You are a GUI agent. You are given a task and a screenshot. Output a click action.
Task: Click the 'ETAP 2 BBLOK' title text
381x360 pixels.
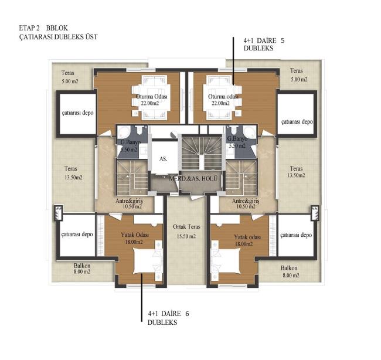click(x=43, y=28)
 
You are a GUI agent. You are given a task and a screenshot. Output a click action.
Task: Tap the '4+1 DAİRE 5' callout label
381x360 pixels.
click(x=264, y=40)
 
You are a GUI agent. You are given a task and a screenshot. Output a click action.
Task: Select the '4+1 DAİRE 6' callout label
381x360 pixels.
click(x=168, y=314)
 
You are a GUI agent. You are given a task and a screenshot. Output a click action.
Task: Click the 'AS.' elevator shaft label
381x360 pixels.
click(x=164, y=159)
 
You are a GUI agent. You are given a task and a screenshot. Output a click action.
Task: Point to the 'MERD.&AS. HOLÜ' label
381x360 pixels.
click(x=193, y=179)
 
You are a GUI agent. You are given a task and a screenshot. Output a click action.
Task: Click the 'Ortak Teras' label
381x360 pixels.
click(x=186, y=227)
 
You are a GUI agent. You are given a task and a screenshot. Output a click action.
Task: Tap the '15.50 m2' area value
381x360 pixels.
click(x=186, y=236)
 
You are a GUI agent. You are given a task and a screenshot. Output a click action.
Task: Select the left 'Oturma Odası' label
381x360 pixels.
click(x=152, y=97)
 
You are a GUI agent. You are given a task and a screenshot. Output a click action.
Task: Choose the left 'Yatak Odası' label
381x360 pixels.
click(x=135, y=235)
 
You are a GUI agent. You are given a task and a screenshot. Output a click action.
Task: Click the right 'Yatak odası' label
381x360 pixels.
click(x=247, y=237)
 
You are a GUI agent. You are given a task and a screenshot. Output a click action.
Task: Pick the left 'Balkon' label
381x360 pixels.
click(x=82, y=266)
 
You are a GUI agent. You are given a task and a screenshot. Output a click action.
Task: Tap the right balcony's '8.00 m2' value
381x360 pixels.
click(x=291, y=276)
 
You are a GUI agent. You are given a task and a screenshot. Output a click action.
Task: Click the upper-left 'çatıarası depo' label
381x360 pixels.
click(x=77, y=113)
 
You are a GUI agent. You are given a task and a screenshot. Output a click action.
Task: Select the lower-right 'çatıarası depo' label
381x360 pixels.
click(x=296, y=235)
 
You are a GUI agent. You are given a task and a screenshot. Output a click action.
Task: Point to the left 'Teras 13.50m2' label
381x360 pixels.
click(x=73, y=173)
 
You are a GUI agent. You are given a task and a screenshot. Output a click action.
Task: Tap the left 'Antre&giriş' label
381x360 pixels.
click(x=129, y=201)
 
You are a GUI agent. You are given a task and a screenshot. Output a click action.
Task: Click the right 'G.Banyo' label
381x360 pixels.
click(x=237, y=139)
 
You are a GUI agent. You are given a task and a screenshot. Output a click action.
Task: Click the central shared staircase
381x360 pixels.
click(x=202, y=152)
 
